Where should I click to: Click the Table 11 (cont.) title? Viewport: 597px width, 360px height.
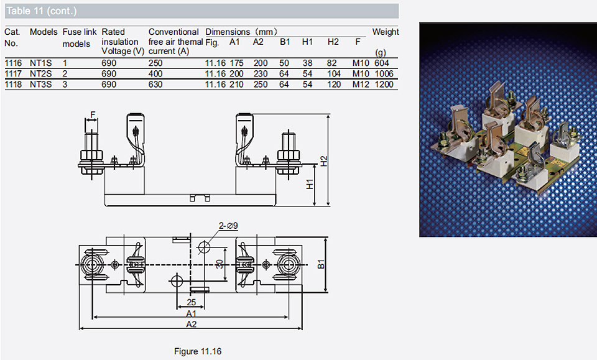(x=42, y=11)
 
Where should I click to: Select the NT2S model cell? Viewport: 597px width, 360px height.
(x=41, y=74)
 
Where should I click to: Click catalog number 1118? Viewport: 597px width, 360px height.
(x=13, y=85)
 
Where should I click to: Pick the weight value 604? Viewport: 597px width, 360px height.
(x=381, y=63)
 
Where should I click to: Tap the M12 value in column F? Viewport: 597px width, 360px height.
(x=361, y=85)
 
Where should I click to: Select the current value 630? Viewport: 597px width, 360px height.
(x=155, y=85)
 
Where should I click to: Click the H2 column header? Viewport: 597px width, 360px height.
(x=333, y=42)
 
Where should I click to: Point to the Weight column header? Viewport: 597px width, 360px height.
(x=386, y=32)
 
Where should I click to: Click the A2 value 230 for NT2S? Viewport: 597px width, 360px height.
(x=261, y=74)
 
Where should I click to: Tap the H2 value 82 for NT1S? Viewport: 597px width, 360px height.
(x=331, y=63)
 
